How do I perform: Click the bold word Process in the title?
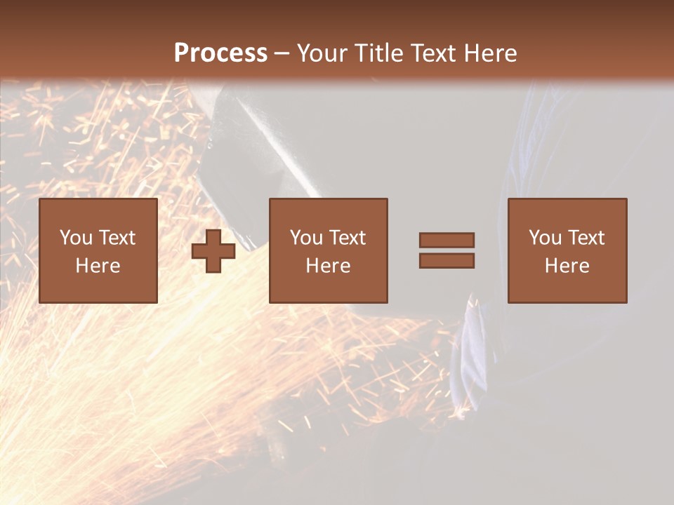(x=220, y=53)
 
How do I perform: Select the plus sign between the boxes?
(x=213, y=251)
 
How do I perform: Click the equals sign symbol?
(x=447, y=250)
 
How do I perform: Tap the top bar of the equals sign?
(x=447, y=241)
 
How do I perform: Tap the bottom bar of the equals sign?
(x=447, y=260)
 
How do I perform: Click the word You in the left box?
(x=75, y=238)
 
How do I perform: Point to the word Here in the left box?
(x=98, y=266)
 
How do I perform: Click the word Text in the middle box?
(x=348, y=238)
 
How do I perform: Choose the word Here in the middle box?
(x=328, y=266)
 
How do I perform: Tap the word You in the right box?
(x=544, y=238)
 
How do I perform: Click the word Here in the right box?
(x=567, y=266)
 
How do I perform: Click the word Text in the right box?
(x=586, y=238)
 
